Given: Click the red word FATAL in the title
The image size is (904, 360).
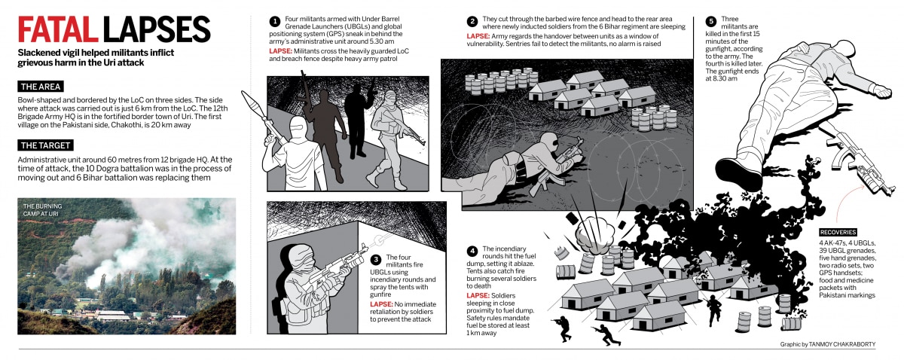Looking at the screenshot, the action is click(x=58, y=29).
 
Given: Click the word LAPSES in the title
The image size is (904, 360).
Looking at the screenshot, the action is click(x=157, y=29).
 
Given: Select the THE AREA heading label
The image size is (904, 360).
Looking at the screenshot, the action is click(x=41, y=87).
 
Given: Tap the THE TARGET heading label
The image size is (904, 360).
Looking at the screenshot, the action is click(x=45, y=145).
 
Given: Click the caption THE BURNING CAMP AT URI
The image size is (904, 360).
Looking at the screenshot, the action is click(x=42, y=210).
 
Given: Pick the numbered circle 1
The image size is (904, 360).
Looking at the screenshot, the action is click(x=275, y=21).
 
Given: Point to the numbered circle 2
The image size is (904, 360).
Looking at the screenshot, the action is click(x=472, y=21).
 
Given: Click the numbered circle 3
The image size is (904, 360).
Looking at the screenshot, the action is click(x=376, y=260).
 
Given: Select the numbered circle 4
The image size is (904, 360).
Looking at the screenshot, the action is click(x=472, y=252).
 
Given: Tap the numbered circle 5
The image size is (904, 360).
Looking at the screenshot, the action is click(x=711, y=21).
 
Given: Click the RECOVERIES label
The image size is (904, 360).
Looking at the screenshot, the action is click(x=838, y=232).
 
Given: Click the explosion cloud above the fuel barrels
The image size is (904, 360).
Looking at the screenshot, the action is click(x=594, y=235).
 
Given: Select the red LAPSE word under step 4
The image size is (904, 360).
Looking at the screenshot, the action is click(x=478, y=295).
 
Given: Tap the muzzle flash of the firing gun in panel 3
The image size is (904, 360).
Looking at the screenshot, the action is click(x=378, y=239).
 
